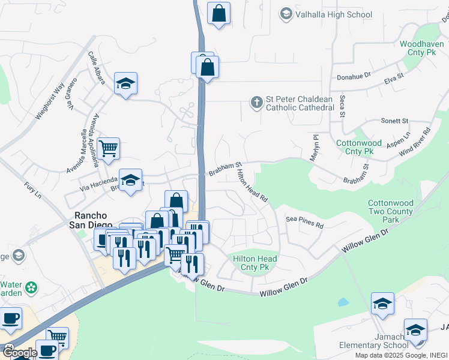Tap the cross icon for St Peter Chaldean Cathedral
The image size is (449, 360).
coord(256,103)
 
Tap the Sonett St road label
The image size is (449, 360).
coord(394,121)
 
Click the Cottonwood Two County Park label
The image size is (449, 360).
coord(391,212)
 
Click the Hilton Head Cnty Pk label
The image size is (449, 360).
coord(255,263)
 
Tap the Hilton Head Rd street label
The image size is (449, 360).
coord(252,185)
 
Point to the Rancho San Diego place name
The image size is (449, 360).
coord(91,220)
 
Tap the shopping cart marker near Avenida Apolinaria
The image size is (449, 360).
coord(108,148)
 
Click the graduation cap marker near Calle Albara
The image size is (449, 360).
coord(126,83)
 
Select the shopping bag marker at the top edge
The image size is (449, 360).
coord(218,13)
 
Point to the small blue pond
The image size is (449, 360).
coord(343,302)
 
